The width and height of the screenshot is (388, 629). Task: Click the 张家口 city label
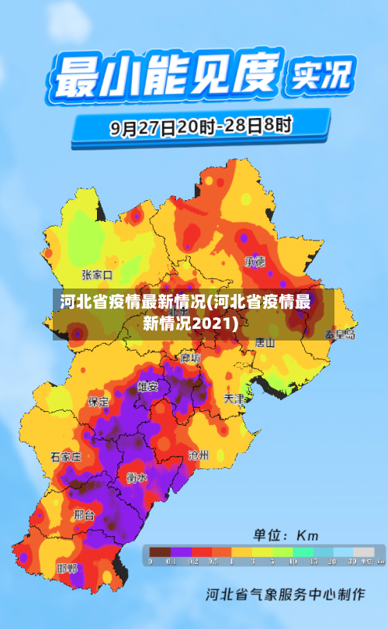(97, 275)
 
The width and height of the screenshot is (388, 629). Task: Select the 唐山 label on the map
(265, 341)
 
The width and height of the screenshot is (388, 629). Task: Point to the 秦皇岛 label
(340, 334)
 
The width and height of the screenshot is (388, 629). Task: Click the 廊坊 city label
(190, 358)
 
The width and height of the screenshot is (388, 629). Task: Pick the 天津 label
(234, 399)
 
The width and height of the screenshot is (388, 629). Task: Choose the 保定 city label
(99, 402)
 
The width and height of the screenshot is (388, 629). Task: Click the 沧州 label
(198, 455)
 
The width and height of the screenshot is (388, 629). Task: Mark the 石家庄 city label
(66, 456)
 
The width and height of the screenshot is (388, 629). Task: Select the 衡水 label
(137, 478)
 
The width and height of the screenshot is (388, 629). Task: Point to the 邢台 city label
(84, 514)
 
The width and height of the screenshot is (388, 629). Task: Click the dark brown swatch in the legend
(160, 551)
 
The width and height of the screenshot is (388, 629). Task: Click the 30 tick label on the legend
(352, 561)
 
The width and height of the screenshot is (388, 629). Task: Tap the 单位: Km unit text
(286, 535)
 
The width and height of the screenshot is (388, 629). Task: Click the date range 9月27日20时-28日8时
(200, 126)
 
